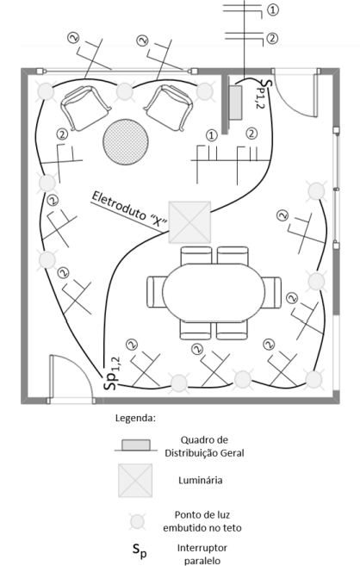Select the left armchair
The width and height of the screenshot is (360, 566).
[83, 105]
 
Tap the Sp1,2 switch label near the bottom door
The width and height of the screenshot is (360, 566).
[111, 370]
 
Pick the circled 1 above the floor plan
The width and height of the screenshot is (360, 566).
[273, 9]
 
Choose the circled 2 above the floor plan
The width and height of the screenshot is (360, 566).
[273, 38]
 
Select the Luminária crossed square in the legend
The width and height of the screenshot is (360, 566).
[135, 480]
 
